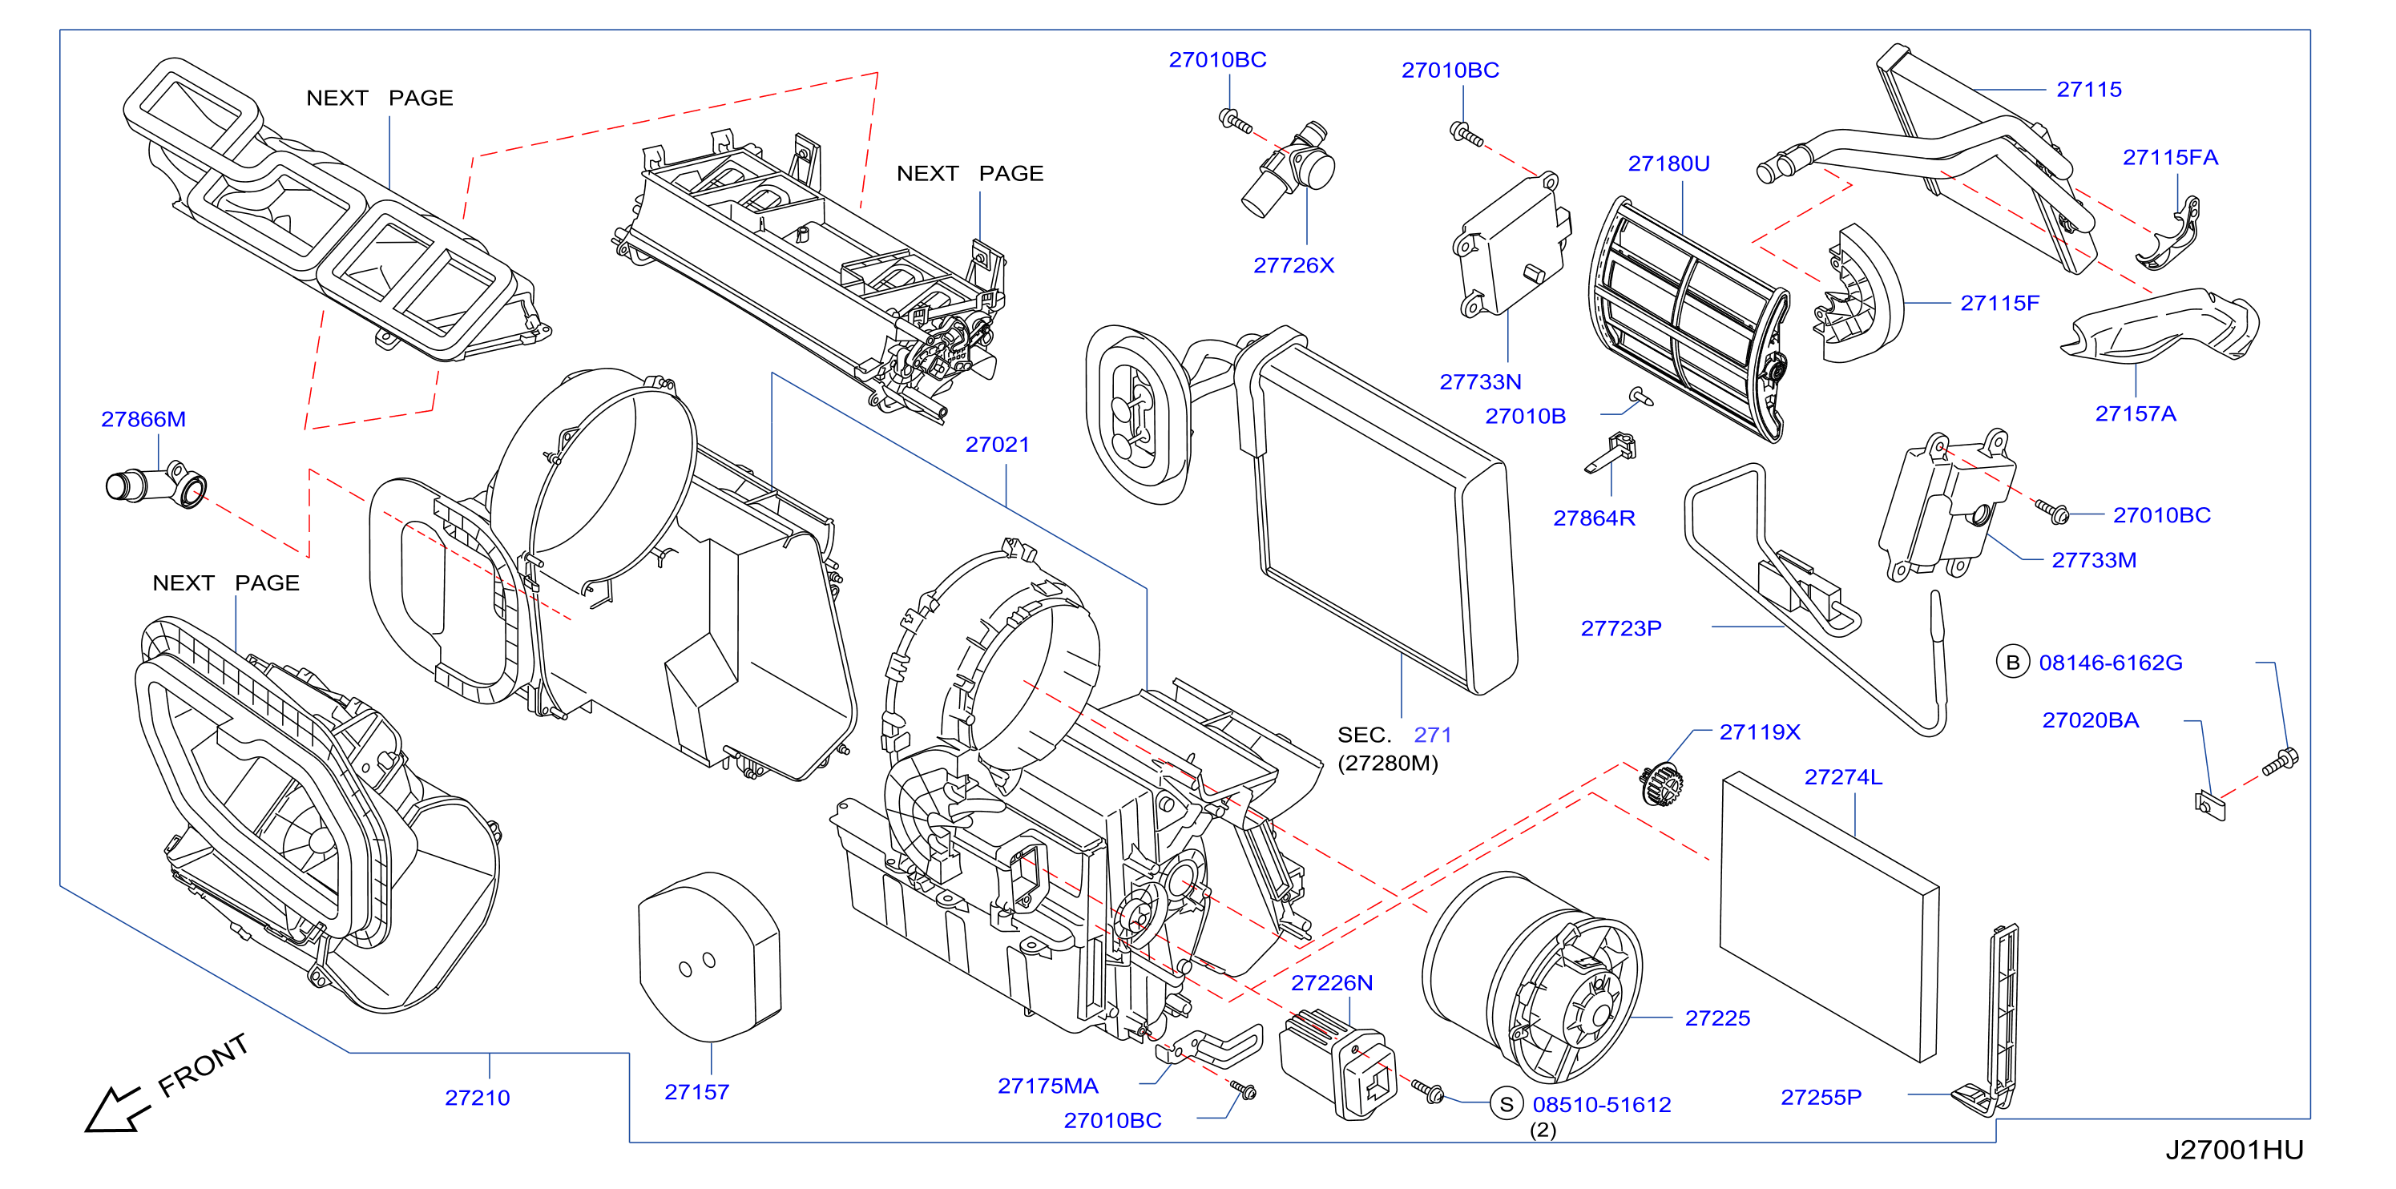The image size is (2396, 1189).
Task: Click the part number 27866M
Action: coord(143,419)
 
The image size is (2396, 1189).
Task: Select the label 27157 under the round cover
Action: coord(696,1091)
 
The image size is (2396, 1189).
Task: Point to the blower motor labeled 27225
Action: coord(1533,976)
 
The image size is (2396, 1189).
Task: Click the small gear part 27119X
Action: coord(1662,784)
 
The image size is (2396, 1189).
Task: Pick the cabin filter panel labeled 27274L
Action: coord(1829,916)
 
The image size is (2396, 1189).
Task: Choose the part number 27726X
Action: coord(1294,266)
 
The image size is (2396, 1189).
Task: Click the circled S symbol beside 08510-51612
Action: coord(1506,1103)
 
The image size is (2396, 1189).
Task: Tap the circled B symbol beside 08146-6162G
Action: coord(2012,662)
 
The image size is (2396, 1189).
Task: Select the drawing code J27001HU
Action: coord(2234,1150)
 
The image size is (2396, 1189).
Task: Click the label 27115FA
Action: coord(2170,157)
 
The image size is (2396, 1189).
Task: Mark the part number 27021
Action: coord(997,445)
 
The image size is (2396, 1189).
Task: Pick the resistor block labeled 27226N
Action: coord(1337,1066)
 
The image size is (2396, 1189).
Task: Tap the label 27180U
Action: coord(1668,163)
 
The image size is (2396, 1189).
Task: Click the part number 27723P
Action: coord(1621,628)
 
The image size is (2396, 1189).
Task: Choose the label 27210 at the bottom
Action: coord(477,1098)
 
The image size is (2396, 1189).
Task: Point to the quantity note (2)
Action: coord(1543,1131)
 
